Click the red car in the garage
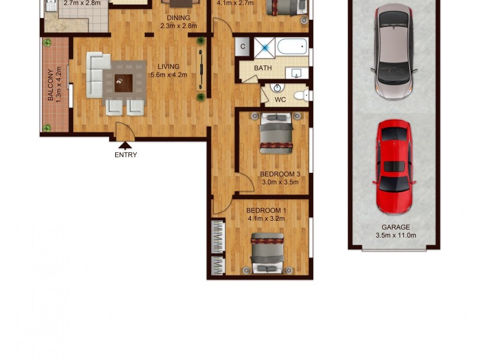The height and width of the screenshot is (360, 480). click(x=394, y=166)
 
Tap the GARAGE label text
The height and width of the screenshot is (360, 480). click(x=396, y=227)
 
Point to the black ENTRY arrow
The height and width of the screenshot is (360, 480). click(x=125, y=145)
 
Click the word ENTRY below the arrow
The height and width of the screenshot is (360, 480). click(x=125, y=155)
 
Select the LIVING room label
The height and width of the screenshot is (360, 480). click(x=169, y=67)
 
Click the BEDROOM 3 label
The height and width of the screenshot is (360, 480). click(x=280, y=175)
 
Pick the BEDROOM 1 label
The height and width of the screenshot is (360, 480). click(x=266, y=211)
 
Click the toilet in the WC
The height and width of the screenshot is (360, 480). click(x=301, y=95)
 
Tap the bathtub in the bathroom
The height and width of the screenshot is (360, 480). click(x=292, y=46)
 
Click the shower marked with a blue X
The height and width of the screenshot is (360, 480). click(x=263, y=47)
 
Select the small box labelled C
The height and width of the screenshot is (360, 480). click(x=244, y=46)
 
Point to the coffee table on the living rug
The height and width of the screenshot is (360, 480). click(x=124, y=82)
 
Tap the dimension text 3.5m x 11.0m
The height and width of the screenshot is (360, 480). click(x=396, y=235)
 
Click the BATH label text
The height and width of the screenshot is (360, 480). click(x=263, y=68)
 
